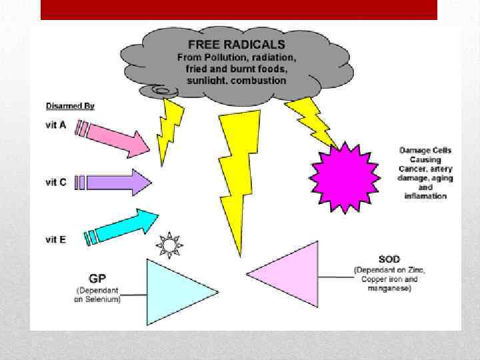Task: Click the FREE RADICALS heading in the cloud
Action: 236,45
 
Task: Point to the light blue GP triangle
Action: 173,291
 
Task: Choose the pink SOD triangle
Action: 293,273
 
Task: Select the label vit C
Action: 55,181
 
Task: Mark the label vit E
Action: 55,239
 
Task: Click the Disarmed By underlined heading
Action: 70,105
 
